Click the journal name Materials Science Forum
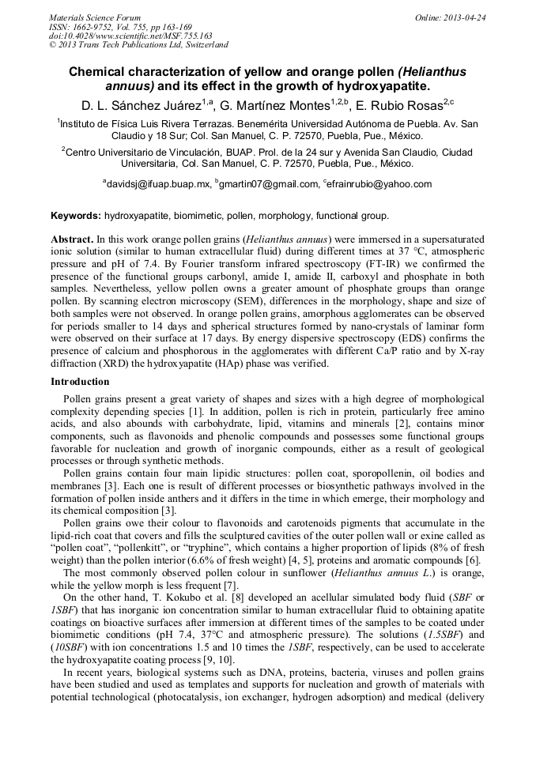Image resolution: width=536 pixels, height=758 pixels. pos(94,17)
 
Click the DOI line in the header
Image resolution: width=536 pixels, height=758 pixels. pos(130,36)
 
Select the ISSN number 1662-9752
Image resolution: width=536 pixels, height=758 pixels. pos(96,27)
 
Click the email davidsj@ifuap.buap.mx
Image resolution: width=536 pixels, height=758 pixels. pos(159,184)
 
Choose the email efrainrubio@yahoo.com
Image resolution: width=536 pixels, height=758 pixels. pos(380,184)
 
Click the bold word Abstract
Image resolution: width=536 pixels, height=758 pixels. pos(72,238)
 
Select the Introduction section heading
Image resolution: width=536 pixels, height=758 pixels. pos(80,382)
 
